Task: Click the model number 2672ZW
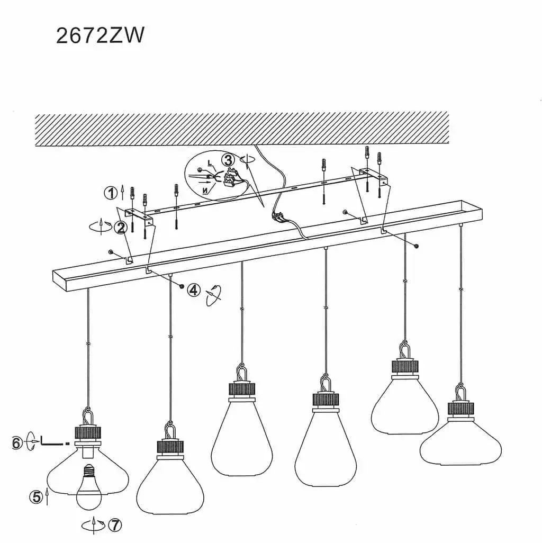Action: click(x=100, y=35)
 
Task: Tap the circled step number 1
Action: click(x=111, y=193)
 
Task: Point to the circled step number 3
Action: click(x=228, y=160)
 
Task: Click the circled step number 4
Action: click(x=194, y=290)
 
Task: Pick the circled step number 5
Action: click(x=37, y=497)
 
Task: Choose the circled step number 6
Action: click(x=17, y=443)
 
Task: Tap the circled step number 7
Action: click(x=115, y=526)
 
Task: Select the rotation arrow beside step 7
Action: click(x=93, y=526)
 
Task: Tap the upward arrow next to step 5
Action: click(x=47, y=497)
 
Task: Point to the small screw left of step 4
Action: click(x=182, y=285)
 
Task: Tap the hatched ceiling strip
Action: click(x=242, y=129)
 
